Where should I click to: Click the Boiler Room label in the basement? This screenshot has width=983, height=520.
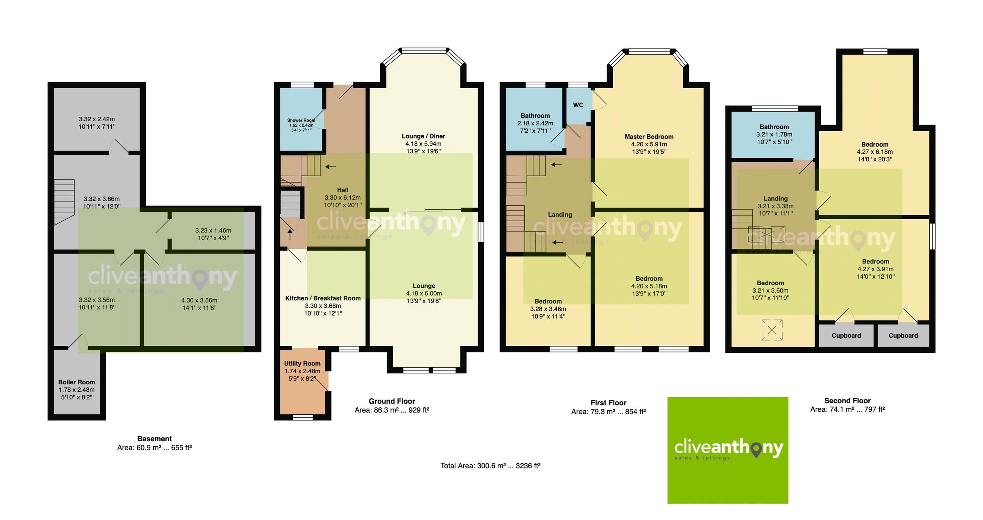click(77, 382)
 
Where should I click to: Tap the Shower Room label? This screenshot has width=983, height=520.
click(301, 120)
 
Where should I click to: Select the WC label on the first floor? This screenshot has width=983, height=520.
click(578, 105)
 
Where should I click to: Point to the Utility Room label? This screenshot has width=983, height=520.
click(302, 363)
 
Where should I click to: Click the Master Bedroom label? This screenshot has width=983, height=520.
click(649, 136)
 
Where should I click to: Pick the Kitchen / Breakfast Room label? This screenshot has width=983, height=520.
click(323, 298)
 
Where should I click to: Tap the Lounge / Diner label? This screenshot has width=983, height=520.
click(423, 136)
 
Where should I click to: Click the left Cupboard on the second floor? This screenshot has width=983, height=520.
click(846, 336)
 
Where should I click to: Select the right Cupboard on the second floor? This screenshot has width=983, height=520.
click(903, 336)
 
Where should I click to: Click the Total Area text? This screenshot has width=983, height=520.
click(490, 466)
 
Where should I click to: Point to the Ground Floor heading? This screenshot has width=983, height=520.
click(392, 401)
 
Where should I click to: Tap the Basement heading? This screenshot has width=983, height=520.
click(154, 438)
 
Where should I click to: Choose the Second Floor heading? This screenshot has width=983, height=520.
click(847, 401)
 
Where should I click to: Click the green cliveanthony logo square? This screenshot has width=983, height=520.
click(728, 450)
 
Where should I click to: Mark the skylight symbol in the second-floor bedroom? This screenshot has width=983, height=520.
click(772, 330)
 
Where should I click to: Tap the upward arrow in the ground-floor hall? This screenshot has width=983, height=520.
click(290, 234)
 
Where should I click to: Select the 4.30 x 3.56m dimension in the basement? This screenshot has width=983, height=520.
click(199, 300)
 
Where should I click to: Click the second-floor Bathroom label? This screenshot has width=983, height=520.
click(774, 127)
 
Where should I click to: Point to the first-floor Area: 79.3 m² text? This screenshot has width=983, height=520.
click(608, 411)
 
